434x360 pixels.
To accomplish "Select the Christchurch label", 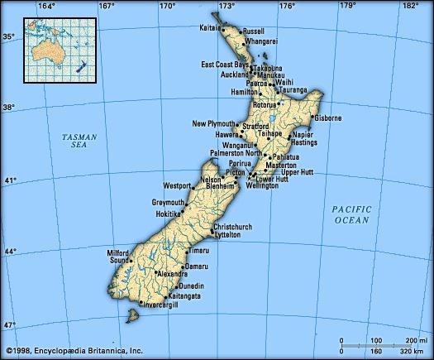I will pyautogui.click(x=232, y=227).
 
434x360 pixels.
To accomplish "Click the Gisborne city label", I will pyautogui.click(x=327, y=118).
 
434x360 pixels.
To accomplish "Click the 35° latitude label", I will pyautogui.click(x=7, y=36).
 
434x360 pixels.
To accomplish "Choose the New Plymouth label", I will pyautogui.click(x=213, y=124).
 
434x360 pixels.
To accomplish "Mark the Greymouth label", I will pyautogui.click(x=168, y=202).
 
